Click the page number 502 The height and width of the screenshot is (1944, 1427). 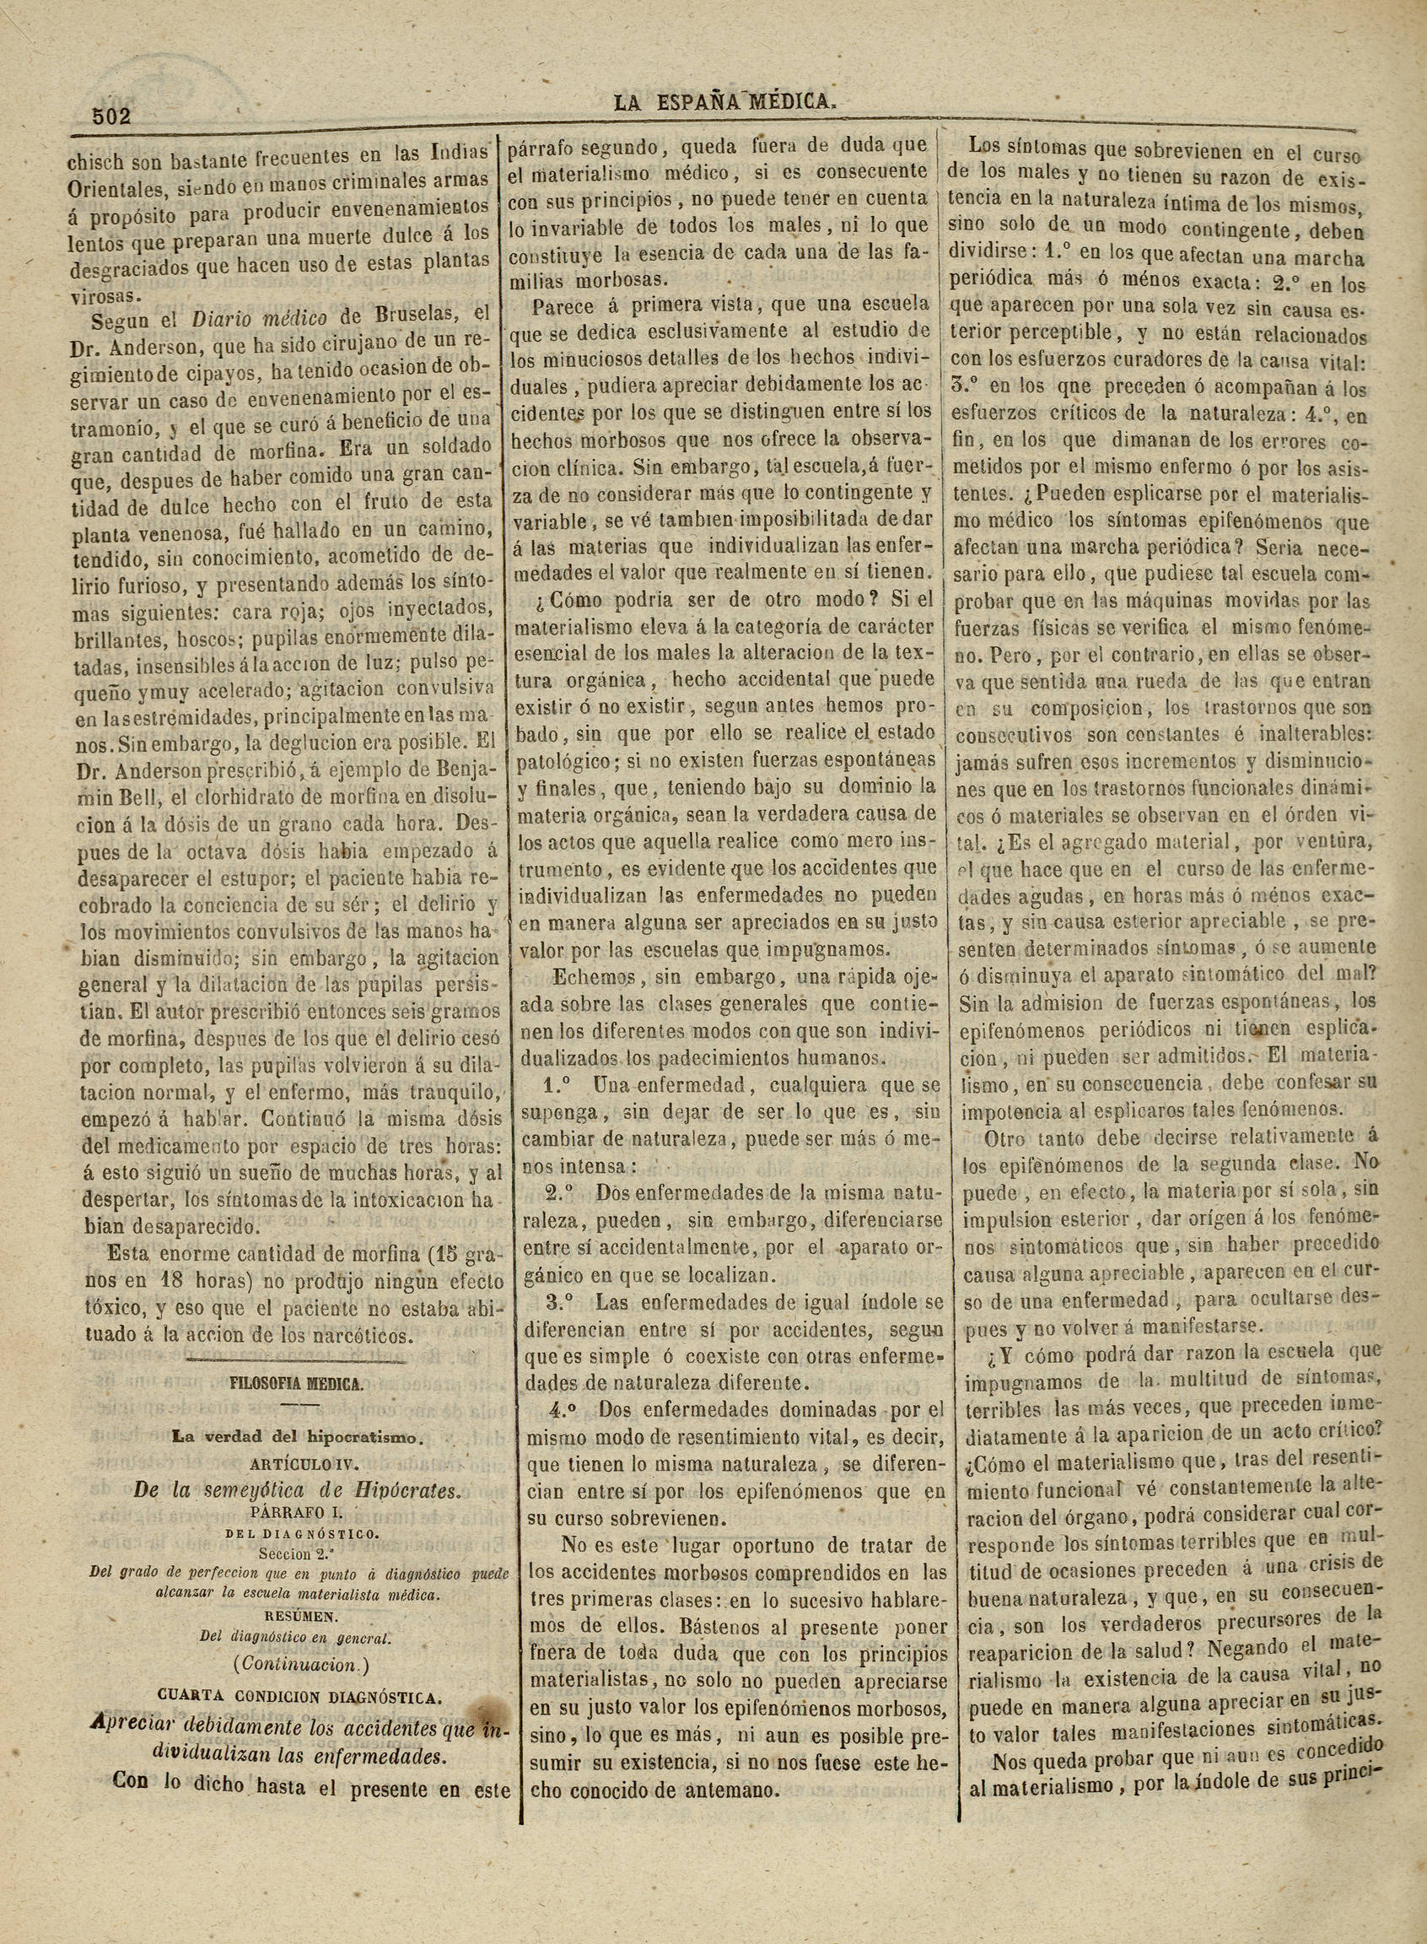click(111, 116)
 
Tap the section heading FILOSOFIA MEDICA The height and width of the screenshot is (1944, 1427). click(294, 1384)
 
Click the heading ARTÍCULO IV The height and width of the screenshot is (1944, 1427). click(297, 1465)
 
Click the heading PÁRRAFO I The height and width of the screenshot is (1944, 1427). click(296, 1513)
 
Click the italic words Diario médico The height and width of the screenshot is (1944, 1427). click(258, 319)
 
